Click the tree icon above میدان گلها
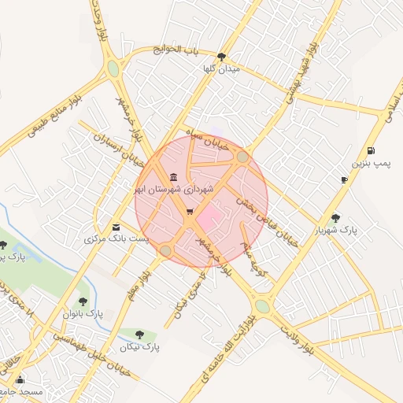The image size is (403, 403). (x=221, y=57)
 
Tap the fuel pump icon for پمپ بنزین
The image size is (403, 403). (x=371, y=150)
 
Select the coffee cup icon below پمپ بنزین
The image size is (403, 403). (x=344, y=179)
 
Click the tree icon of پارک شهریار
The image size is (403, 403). (x=336, y=218)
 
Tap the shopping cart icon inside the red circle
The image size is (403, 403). (x=190, y=212)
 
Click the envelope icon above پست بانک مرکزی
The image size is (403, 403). (x=116, y=227)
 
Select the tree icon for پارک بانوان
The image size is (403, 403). (x=83, y=301)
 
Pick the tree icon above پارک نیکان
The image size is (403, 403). (x=140, y=335)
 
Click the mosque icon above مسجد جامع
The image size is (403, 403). (x=20, y=380)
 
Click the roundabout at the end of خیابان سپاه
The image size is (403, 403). (x=242, y=157)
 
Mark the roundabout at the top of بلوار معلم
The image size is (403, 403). (x=166, y=251)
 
